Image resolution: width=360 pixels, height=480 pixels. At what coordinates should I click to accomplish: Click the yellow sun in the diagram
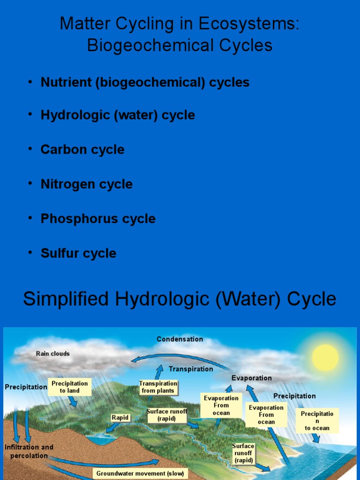(325, 358)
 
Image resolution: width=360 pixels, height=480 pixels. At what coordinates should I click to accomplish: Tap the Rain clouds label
(53, 353)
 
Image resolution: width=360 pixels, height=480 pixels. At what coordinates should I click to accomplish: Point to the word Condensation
(180, 339)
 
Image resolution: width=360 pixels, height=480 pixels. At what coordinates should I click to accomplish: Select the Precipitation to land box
(69, 387)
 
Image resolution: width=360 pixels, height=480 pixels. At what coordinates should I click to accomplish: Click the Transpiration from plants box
(158, 387)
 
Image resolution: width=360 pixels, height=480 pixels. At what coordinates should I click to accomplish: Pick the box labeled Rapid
(120, 417)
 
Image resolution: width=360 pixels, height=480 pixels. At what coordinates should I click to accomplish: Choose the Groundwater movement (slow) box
(141, 473)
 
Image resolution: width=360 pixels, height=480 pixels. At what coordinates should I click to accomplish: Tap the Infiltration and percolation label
(29, 451)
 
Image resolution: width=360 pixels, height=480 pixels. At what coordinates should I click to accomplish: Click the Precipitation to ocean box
(317, 420)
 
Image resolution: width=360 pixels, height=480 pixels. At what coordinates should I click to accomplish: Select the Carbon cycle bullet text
(82, 150)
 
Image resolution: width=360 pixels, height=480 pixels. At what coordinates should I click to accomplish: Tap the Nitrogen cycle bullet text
(87, 184)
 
